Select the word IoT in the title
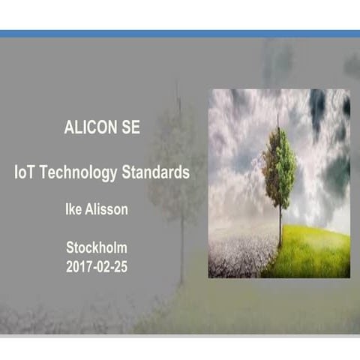coord(24,172)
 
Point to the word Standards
coord(156,172)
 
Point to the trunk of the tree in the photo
coord(280,225)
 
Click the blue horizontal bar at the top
coord(180,34)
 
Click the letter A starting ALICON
coord(69,127)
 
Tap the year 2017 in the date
coord(79,265)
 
